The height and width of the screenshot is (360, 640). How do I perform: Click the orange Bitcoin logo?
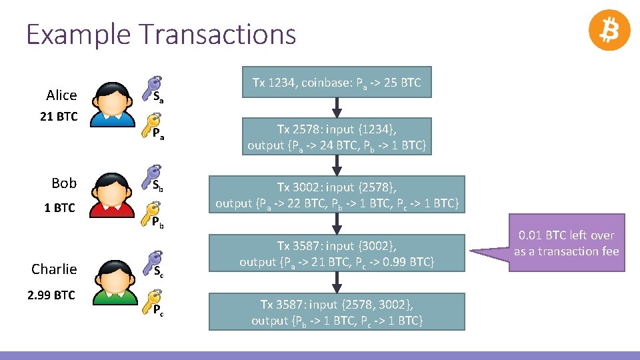click(609, 31)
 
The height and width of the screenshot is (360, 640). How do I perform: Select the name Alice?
click(61, 95)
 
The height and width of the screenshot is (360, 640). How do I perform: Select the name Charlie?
click(54, 269)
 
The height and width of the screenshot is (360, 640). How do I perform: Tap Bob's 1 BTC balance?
click(59, 208)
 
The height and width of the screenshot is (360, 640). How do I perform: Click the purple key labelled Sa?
click(154, 86)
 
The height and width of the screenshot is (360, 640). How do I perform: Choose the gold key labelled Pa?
click(154, 125)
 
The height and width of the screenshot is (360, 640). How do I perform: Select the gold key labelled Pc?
click(154, 300)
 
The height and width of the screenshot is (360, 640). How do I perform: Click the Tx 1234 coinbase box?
click(337, 83)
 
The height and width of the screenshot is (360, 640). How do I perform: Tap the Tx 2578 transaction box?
click(337, 137)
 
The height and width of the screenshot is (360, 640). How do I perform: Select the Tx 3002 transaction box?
click(337, 195)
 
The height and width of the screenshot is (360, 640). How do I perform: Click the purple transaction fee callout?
click(566, 243)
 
